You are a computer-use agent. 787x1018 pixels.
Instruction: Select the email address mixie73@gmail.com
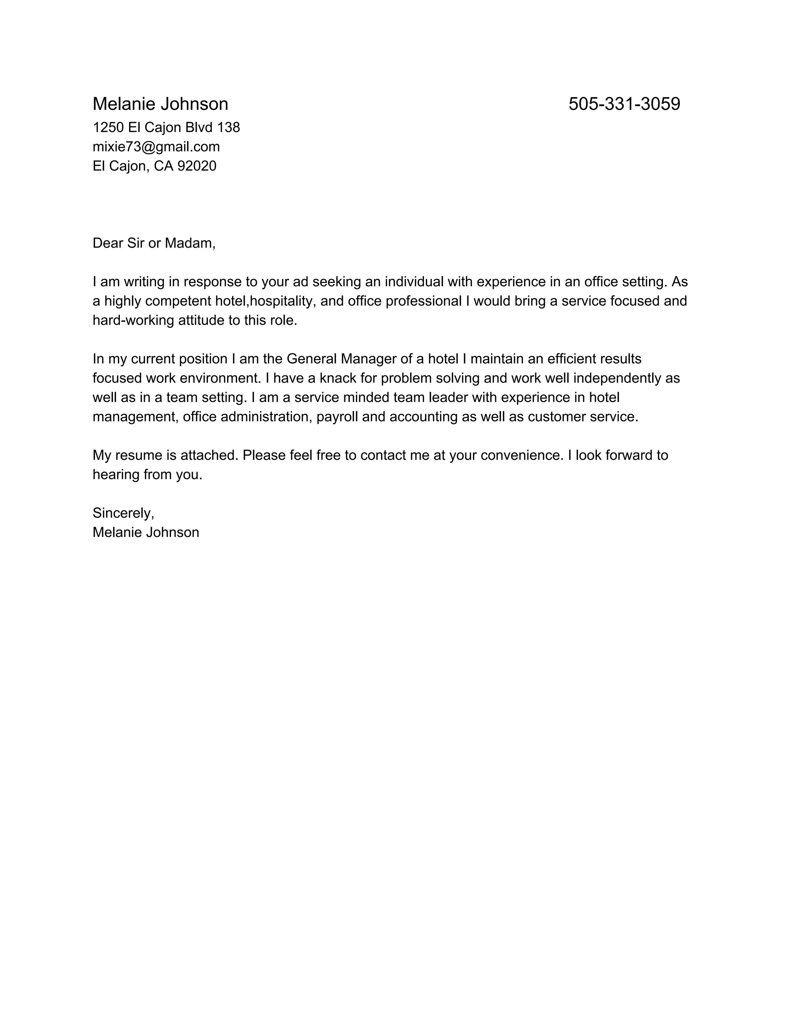click(x=156, y=147)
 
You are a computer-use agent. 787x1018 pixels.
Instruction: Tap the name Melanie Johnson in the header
click(x=160, y=104)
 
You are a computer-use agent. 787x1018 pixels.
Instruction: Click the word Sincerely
click(x=123, y=513)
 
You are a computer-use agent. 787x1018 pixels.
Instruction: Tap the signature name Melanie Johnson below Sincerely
click(x=146, y=532)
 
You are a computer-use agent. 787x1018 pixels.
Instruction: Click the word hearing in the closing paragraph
click(x=116, y=474)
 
